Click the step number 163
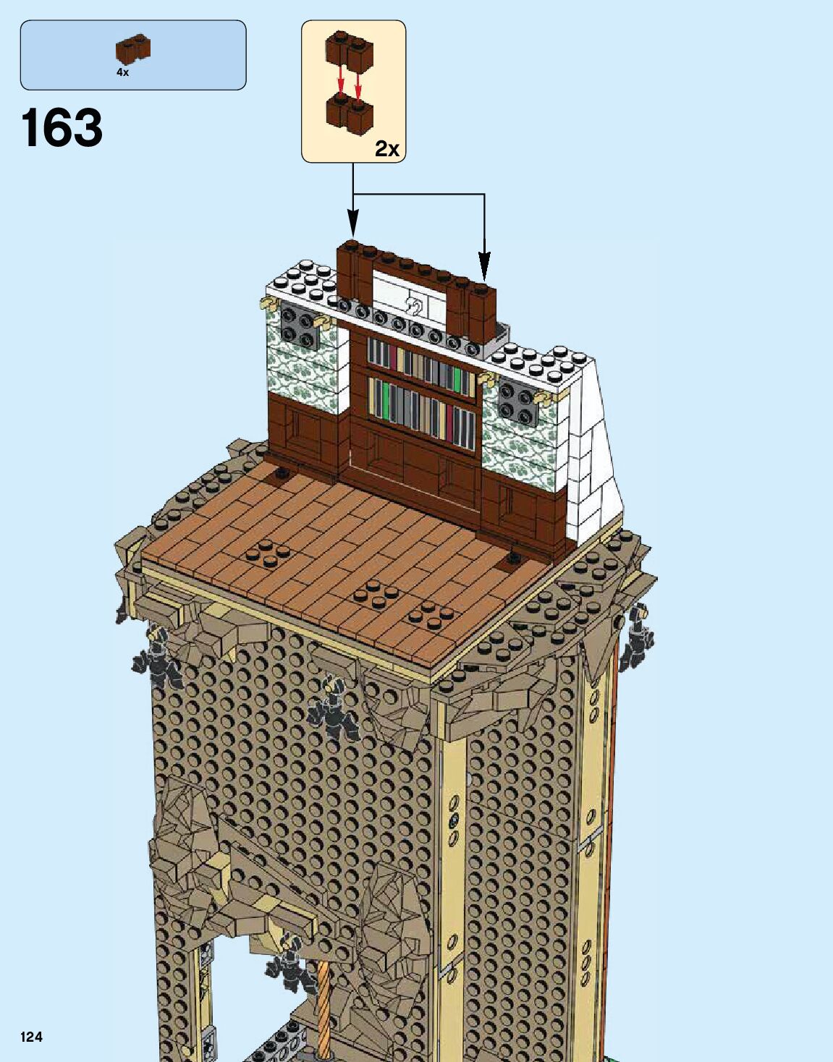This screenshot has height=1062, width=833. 62,128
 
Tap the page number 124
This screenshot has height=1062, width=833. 31,1037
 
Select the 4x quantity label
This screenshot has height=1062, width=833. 122,72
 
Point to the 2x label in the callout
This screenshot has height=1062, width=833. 387,148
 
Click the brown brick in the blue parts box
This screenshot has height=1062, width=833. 133,50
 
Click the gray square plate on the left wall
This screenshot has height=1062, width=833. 298,324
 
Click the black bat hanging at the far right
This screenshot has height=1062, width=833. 638,637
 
